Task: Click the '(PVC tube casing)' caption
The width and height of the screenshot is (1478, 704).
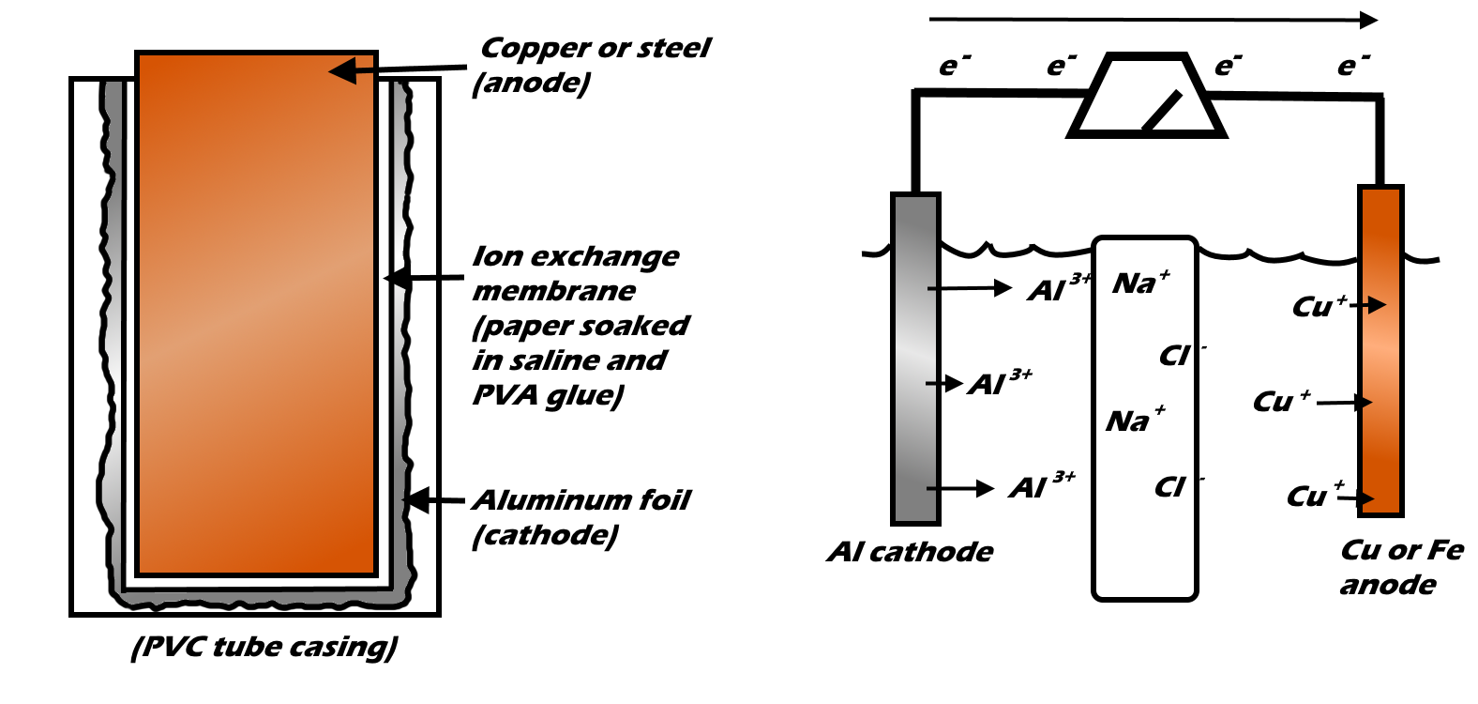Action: [x=264, y=647]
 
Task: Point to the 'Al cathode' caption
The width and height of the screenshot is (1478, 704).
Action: [x=909, y=552]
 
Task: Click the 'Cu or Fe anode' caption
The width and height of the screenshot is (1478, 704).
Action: [x=1400, y=566]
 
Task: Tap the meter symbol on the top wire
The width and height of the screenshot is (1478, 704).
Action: [x=1147, y=98]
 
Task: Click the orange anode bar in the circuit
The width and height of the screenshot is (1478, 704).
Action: [x=1380, y=352]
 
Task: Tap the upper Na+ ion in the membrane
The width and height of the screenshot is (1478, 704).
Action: [x=1140, y=283]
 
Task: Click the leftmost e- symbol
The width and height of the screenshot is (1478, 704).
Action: [x=954, y=66]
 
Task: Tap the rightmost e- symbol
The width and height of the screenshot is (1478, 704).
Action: [x=1352, y=65]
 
